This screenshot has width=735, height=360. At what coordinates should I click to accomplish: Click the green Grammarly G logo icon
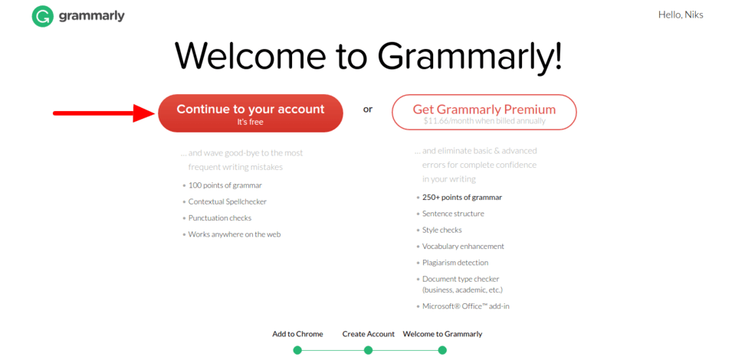pyautogui.click(x=43, y=16)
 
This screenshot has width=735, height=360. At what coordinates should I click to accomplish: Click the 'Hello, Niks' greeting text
pyautogui.click(x=681, y=15)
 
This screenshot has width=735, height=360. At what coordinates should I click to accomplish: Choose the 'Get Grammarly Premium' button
pyautogui.click(x=484, y=112)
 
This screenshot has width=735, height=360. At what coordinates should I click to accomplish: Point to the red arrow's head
pyautogui.click(x=144, y=113)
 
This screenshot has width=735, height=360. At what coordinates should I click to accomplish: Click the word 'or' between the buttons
pyautogui.click(x=368, y=110)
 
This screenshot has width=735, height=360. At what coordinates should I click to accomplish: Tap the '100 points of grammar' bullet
pyautogui.click(x=225, y=185)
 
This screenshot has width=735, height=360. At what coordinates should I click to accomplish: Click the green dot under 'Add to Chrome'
pyautogui.click(x=297, y=350)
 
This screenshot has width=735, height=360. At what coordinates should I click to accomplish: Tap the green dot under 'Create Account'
pyautogui.click(x=368, y=350)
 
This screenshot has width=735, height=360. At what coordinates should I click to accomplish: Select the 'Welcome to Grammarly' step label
pyautogui.click(x=442, y=334)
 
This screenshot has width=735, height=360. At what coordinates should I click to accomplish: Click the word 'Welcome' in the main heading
pyautogui.click(x=251, y=56)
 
